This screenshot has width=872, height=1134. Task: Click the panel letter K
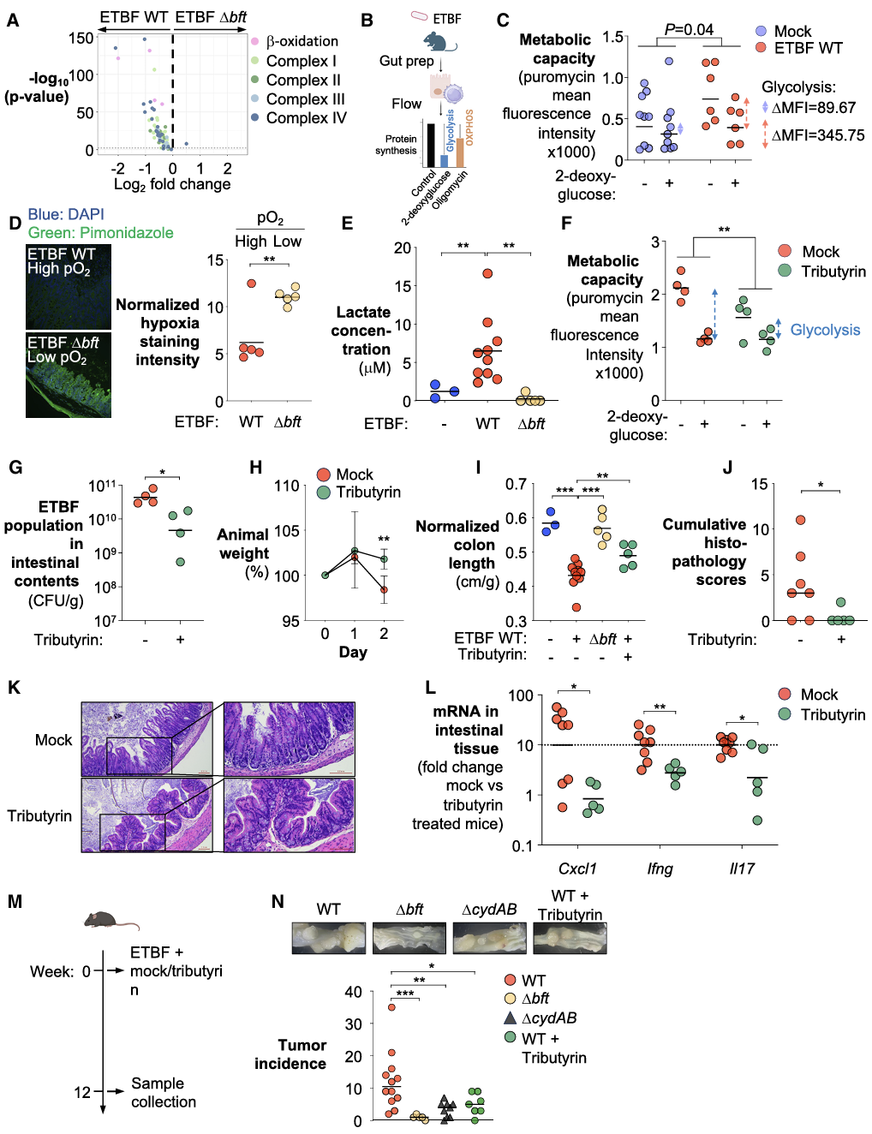(x=14, y=688)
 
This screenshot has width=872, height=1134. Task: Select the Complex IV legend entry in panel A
(x=298, y=118)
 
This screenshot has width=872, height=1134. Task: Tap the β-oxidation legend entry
(x=295, y=41)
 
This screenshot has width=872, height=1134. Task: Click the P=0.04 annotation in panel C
(x=689, y=29)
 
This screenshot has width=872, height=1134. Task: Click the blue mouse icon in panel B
(x=439, y=41)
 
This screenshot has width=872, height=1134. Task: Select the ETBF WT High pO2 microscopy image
(x=69, y=287)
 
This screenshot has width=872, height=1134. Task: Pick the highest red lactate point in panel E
(x=487, y=273)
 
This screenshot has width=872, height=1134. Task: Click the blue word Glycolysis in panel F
(x=825, y=330)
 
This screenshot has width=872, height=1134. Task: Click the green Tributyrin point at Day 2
(x=384, y=559)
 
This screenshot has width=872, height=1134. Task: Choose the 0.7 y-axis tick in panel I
(x=516, y=484)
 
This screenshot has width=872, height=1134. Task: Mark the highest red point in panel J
(x=801, y=520)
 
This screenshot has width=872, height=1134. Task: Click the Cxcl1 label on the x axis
(x=577, y=868)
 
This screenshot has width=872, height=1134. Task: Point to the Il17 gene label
(x=742, y=868)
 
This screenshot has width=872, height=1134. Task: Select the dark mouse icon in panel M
(x=111, y=921)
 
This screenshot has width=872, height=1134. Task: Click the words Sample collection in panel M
(x=164, y=1092)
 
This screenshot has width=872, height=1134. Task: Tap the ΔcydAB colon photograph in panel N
(x=489, y=939)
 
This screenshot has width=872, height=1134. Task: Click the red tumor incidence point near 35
(x=391, y=1007)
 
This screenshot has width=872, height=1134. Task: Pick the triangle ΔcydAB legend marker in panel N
(x=510, y=1018)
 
